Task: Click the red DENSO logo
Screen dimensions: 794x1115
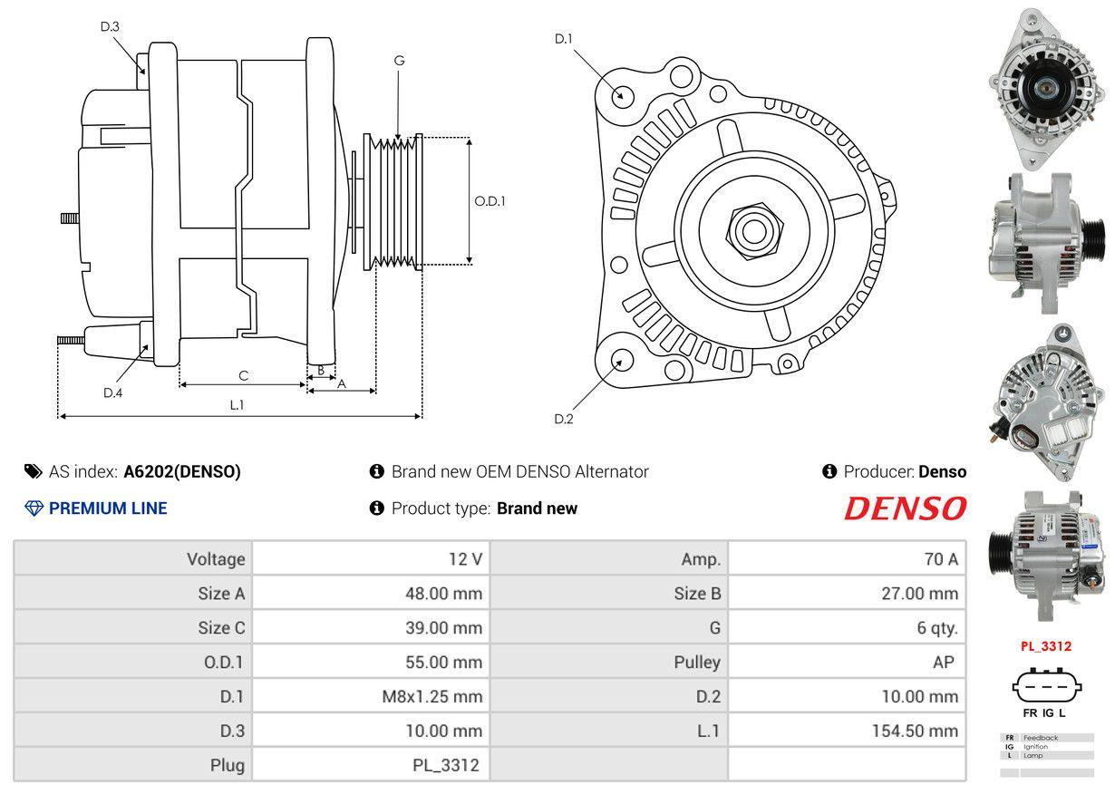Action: tap(905, 508)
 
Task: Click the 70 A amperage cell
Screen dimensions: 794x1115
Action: tap(940, 559)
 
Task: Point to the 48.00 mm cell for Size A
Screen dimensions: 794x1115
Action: tap(443, 594)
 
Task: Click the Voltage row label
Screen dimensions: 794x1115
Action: tap(216, 559)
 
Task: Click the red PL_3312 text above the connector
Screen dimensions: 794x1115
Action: tap(1045, 646)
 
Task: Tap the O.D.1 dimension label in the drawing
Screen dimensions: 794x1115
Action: tap(490, 201)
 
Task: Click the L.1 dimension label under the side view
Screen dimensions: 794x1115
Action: tap(237, 405)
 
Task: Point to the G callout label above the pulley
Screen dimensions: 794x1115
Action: tap(399, 61)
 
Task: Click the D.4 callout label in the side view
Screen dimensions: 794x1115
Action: tap(112, 392)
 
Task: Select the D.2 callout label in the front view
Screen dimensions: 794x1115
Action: tap(564, 419)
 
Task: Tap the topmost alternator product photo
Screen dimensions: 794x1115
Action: tap(1044, 86)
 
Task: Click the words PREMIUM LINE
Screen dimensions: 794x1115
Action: tap(108, 508)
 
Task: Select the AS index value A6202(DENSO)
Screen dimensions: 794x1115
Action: tap(182, 471)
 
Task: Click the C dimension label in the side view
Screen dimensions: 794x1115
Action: tap(244, 375)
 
